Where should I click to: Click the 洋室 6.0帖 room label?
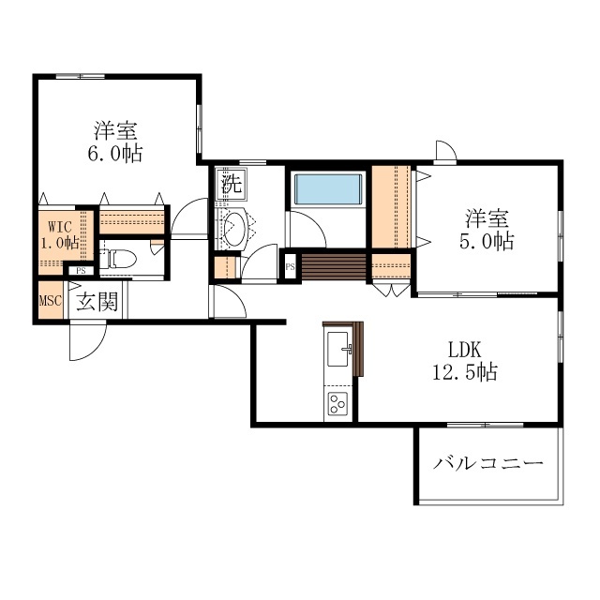[x=117, y=142]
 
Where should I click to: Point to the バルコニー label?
[x=487, y=464]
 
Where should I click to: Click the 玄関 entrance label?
[x=97, y=302]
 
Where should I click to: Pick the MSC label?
[x=50, y=302]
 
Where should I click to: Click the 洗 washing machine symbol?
[x=230, y=184]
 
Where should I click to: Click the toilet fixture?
[x=120, y=258]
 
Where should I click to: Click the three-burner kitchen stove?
[x=337, y=406]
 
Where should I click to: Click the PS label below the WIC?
[x=82, y=272]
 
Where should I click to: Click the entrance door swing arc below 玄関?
[x=82, y=341]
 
